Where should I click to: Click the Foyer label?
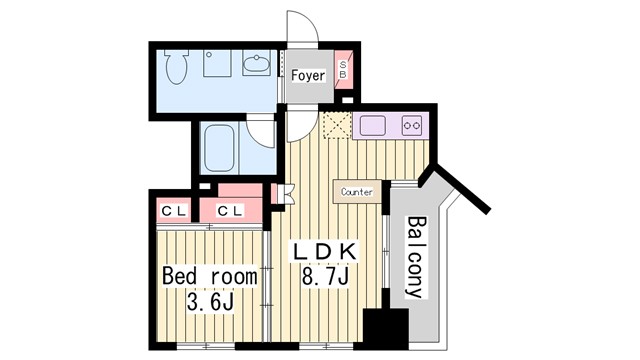307,75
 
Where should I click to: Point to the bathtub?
218,148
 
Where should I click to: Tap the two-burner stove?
412,125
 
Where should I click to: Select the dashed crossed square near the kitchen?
335,126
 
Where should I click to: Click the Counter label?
357,192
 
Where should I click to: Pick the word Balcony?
415,257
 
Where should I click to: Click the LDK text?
318,249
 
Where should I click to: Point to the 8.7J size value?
319,275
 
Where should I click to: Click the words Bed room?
210,275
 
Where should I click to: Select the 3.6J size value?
210,302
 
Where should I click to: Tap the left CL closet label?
172,210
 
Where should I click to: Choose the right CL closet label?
229,210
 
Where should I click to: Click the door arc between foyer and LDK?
298,124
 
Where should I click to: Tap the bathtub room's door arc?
262,130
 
